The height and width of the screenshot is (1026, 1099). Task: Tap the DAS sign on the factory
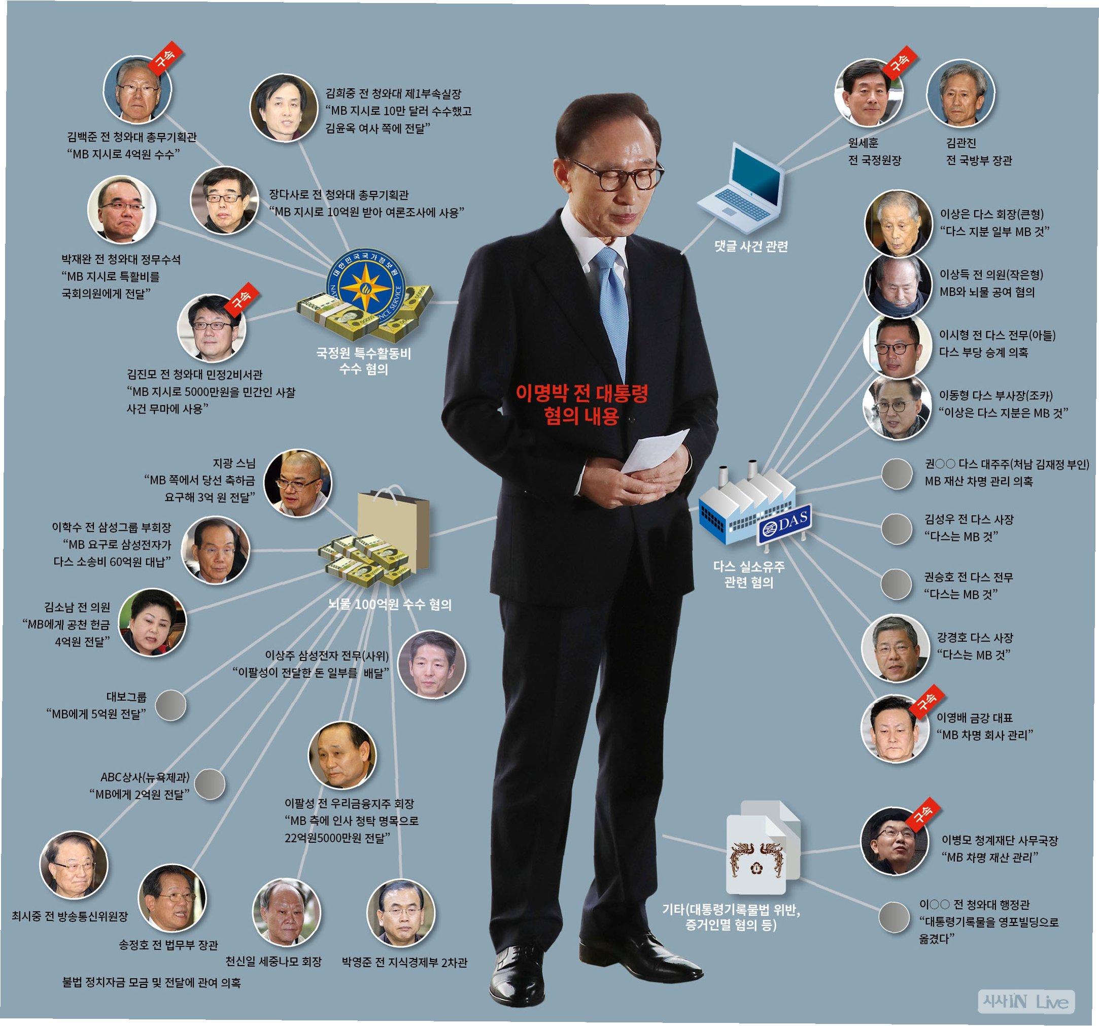coord(784,523)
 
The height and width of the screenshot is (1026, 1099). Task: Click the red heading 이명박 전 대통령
coord(581,393)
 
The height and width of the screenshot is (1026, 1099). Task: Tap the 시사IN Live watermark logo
coord(1025,1001)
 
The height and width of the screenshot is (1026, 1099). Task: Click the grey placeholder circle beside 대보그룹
coord(170,705)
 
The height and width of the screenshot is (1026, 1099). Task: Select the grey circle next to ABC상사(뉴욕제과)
coord(210,784)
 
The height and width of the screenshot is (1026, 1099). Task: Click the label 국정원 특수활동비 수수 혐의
coord(363,361)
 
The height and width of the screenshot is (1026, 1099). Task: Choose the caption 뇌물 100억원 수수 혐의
coord(390,605)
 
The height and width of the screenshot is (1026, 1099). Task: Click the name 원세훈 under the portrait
coord(863,143)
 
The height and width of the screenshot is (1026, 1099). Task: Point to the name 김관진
coord(961,143)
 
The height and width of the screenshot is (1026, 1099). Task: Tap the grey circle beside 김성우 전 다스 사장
coord(896,529)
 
